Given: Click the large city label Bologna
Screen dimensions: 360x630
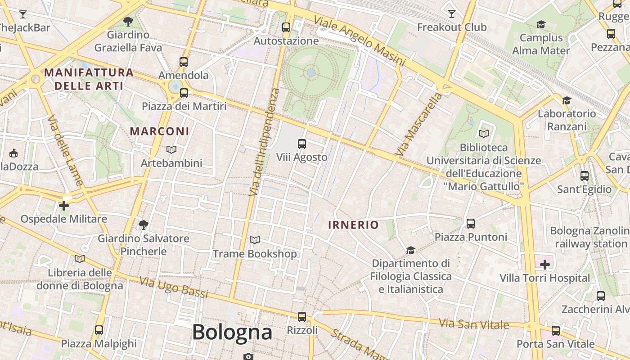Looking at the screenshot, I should pyautogui.click(x=232, y=333).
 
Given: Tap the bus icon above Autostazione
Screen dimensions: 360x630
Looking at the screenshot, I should pyautogui.click(x=286, y=27).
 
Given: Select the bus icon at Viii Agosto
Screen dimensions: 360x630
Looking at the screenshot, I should pyautogui.click(x=301, y=144).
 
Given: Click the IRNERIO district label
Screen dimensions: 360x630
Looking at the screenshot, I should pyautogui.click(x=353, y=225).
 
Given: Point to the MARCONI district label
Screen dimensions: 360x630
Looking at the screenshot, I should pyautogui.click(x=160, y=131).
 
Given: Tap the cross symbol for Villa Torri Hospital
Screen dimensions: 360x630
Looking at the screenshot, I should pyautogui.click(x=545, y=264).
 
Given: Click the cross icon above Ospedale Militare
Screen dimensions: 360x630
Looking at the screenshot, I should pyautogui.click(x=64, y=206).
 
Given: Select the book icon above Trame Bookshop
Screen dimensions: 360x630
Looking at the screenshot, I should pyautogui.click(x=255, y=240).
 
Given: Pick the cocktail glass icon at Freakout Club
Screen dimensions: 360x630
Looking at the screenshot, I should pyautogui.click(x=452, y=14).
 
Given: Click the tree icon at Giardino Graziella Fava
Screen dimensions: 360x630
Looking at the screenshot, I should pyautogui.click(x=128, y=21).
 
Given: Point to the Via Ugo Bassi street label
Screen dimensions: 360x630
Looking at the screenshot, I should pyautogui.click(x=174, y=288).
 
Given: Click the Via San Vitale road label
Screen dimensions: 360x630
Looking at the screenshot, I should pyautogui.click(x=474, y=323).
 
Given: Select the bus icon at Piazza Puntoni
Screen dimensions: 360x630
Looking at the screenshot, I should pyautogui.click(x=471, y=223).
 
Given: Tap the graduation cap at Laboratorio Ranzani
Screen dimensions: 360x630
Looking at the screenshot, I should pyautogui.click(x=567, y=100).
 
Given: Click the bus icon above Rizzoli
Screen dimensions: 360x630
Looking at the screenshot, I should pyautogui.click(x=302, y=317).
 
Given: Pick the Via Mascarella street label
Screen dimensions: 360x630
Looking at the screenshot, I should pyautogui.click(x=418, y=125).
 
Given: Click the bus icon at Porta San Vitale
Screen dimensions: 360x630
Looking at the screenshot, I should pyautogui.click(x=556, y=331).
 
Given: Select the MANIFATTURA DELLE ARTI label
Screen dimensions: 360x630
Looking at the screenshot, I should pyautogui.click(x=89, y=79).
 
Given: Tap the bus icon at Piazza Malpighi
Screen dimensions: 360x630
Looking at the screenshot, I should pyautogui.click(x=99, y=330).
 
